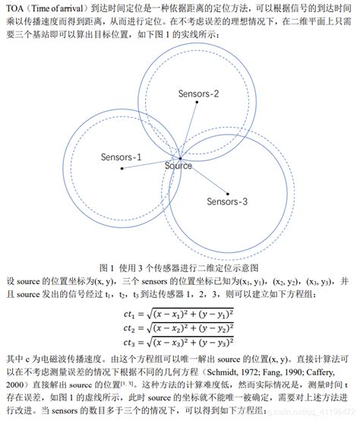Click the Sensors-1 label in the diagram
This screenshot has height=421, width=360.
[x=121, y=157]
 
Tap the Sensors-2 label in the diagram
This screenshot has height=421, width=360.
[x=199, y=93]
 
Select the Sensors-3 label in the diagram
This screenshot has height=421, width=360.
[x=227, y=201]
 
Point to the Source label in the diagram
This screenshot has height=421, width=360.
[x=178, y=165]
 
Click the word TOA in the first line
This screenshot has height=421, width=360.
[x=14, y=8]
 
